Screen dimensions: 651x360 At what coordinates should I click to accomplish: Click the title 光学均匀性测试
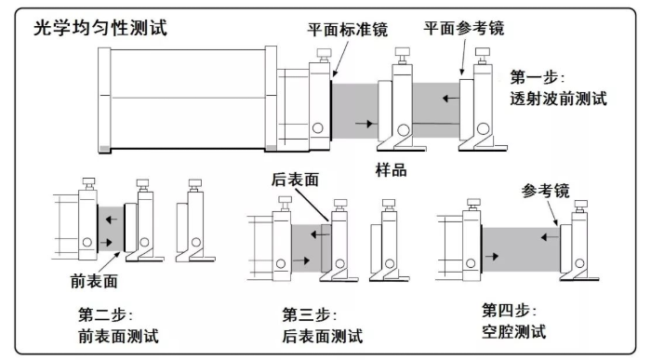100,28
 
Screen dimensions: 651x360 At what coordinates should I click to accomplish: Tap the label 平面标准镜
348,30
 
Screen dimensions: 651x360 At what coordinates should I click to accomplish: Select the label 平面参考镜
464,28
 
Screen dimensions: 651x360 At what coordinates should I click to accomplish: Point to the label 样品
392,170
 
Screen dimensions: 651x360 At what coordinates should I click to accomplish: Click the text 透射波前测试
558,99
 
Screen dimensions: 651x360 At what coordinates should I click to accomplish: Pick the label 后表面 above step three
295,180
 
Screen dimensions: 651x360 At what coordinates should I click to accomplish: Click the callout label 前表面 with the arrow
94,281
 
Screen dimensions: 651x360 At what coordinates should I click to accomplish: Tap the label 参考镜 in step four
546,191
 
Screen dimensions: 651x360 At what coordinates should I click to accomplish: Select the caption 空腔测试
514,331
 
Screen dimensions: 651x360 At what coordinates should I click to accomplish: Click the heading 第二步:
105,314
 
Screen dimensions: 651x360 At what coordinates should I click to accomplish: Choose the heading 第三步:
310,314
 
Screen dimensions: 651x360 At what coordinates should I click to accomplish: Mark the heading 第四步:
509,310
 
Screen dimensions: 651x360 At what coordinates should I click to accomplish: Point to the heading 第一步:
538,77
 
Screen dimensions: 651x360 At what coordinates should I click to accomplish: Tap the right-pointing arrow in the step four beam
492,256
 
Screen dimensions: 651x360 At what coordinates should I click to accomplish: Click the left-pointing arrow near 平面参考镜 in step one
450,99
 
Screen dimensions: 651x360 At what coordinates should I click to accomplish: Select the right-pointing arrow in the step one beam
365,124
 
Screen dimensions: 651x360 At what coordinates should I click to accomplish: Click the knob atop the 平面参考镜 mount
482,52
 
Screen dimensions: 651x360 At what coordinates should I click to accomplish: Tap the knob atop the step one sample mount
402,52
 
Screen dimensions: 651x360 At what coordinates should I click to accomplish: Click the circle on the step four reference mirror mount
579,263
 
